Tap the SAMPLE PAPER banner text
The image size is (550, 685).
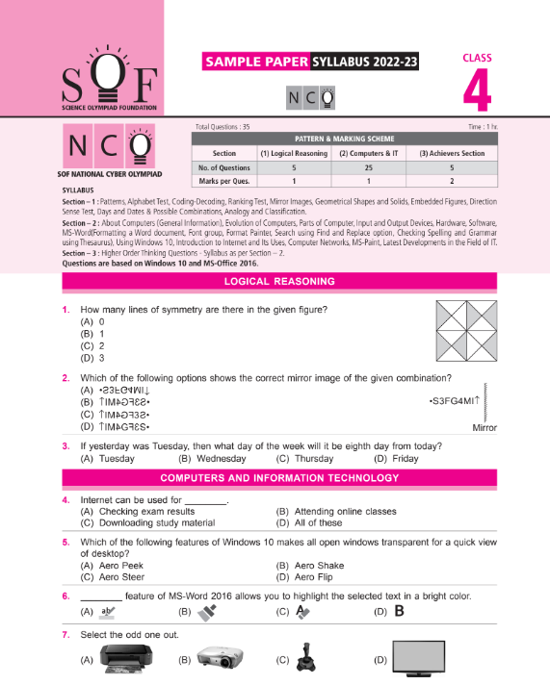254,63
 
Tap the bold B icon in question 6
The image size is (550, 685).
398,610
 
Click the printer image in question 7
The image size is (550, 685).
122,659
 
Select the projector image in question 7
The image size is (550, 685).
222,660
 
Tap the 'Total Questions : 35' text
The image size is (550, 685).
223,127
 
